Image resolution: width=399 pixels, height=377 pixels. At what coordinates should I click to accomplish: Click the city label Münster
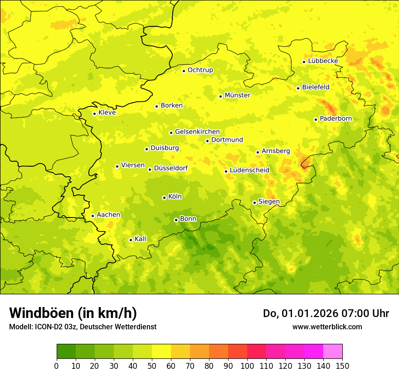(x=238, y=95)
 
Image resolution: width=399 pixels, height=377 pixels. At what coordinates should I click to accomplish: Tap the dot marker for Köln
(x=164, y=198)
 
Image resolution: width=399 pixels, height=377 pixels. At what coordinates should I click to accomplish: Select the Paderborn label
(x=336, y=119)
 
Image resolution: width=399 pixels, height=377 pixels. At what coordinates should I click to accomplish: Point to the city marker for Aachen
(x=92, y=216)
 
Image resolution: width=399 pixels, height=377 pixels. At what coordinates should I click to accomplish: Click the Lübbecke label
(x=323, y=61)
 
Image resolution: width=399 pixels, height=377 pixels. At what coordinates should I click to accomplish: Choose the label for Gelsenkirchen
(x=197, y=132)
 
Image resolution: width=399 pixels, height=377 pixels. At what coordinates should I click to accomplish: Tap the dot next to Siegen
(x=254, y=203)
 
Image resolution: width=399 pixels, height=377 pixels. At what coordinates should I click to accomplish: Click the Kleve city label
(x=107, y=113)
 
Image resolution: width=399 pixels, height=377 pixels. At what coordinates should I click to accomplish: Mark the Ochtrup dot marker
(x=184, y=71)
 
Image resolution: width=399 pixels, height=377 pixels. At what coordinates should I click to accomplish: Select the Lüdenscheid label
(x=249, y=170)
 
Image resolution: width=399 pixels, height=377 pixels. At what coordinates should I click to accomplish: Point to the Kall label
(x=141, y=239)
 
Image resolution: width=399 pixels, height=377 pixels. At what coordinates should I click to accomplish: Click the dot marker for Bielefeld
(x=298, y=88)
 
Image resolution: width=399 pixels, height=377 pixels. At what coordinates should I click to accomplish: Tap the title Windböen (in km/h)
(x=73, y=313)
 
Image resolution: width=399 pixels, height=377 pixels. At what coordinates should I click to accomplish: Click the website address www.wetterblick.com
(x=327, y=327)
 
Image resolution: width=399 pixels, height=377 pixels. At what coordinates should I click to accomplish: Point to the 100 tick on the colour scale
(x=247, y=366)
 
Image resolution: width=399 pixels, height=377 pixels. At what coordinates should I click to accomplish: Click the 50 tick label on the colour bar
(x=152, y=366)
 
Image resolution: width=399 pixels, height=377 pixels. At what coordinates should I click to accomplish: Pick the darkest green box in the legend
(x=66, y=352)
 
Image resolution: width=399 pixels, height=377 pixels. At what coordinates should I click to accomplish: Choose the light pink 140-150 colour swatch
(x=333, y=352)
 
